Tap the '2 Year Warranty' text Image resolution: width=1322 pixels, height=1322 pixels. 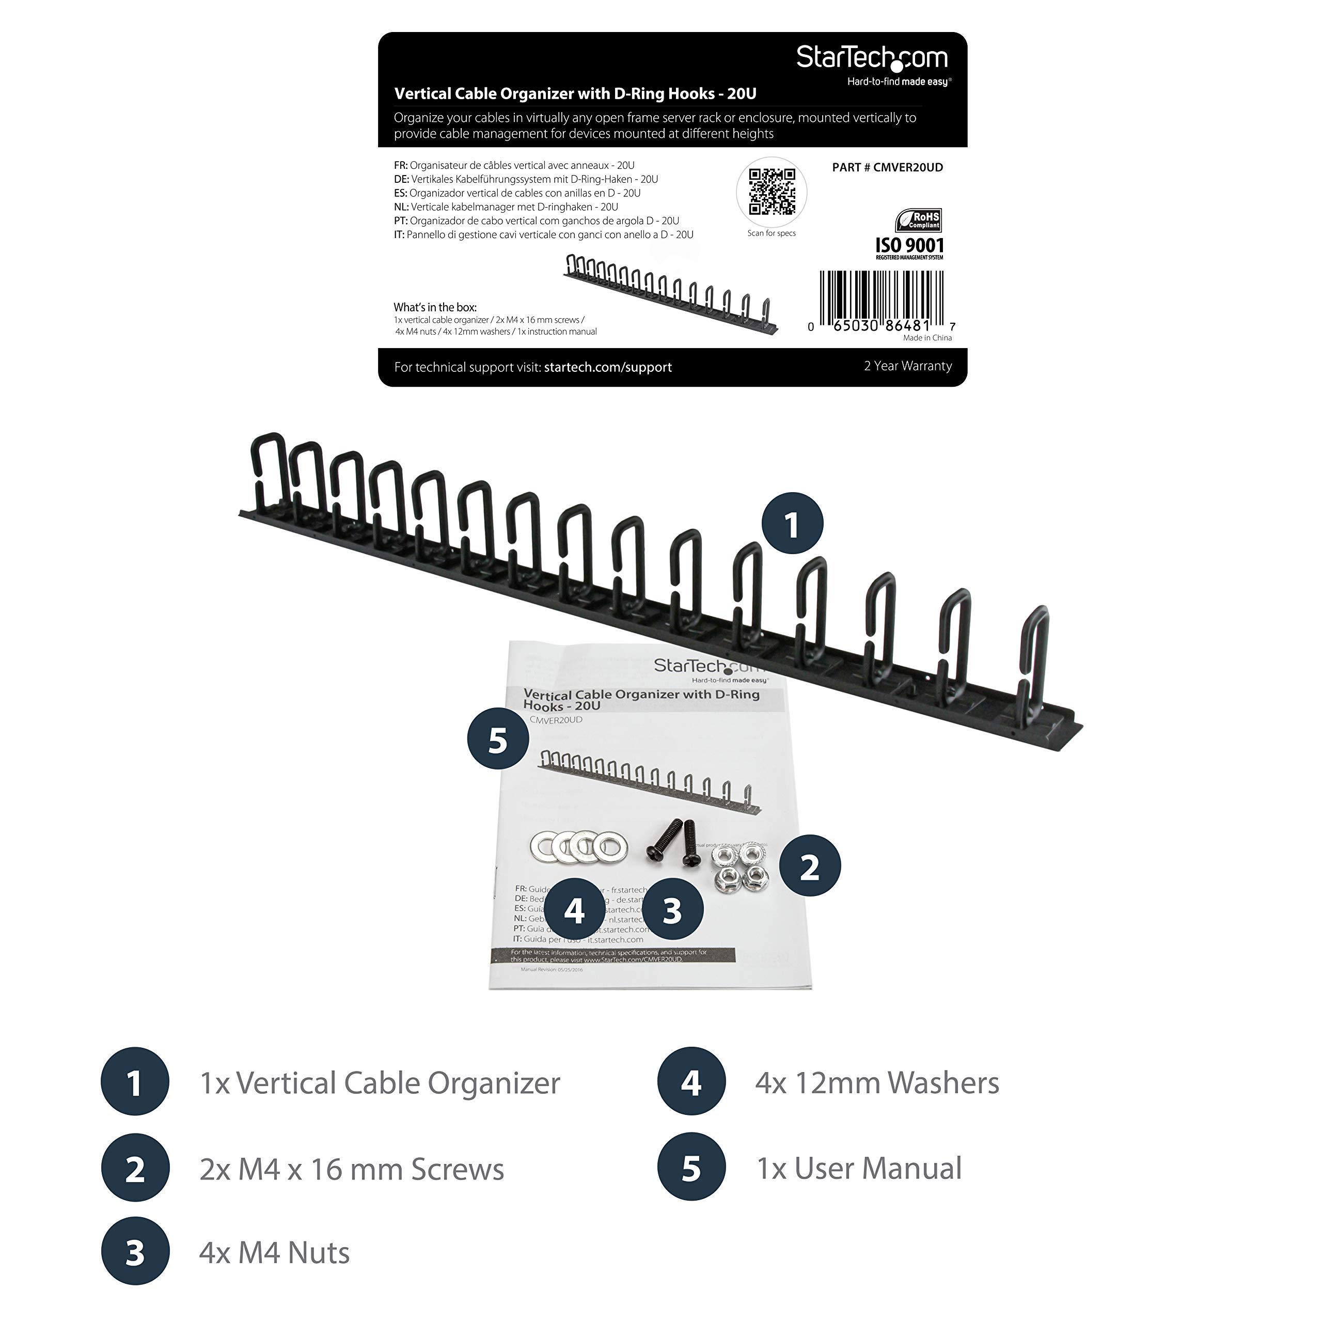tap(907, 366)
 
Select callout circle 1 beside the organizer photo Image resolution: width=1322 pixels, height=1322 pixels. tap(792, 524)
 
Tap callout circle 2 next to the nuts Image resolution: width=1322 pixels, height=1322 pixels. tap(810, 867)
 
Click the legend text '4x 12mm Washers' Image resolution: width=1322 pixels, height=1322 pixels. tap(876, 1082)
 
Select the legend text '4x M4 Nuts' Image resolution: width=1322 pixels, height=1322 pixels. tap(274, 1252)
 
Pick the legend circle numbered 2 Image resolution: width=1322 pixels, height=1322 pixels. tap(135, 1168)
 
